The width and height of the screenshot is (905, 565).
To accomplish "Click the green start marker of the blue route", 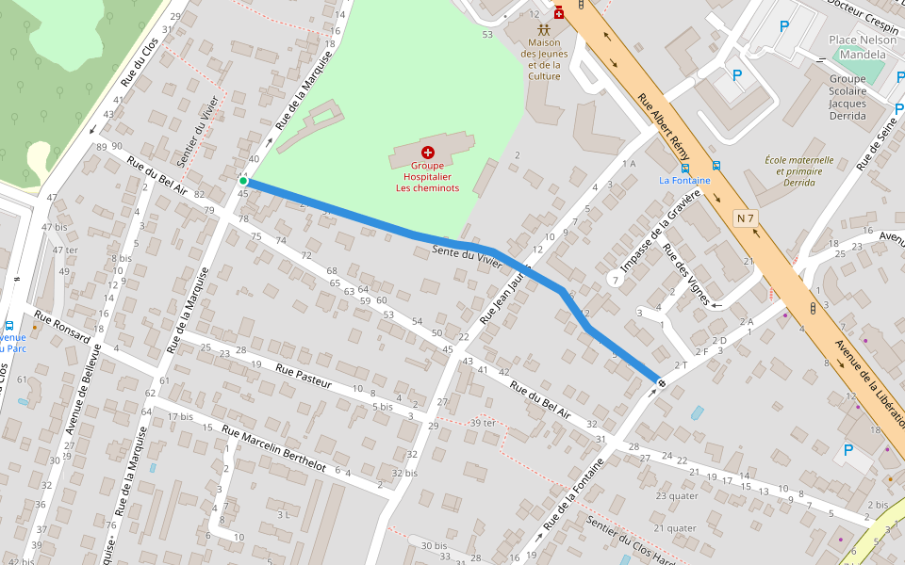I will point(242,181).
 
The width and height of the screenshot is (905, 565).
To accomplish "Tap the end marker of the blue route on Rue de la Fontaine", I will point(662,383).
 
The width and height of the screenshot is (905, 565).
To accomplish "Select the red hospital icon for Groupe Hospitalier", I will point(428,152).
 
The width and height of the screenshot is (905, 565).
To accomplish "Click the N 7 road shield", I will point(746,218).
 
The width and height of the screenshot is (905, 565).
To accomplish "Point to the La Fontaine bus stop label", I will point(684,181).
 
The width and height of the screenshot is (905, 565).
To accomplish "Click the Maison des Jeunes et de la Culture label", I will point(544,59).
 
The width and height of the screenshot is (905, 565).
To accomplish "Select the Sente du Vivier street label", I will point(467,257).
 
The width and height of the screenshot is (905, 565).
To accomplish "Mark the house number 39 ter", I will point(483,423).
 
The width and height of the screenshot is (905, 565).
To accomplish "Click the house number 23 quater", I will point(677,495).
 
